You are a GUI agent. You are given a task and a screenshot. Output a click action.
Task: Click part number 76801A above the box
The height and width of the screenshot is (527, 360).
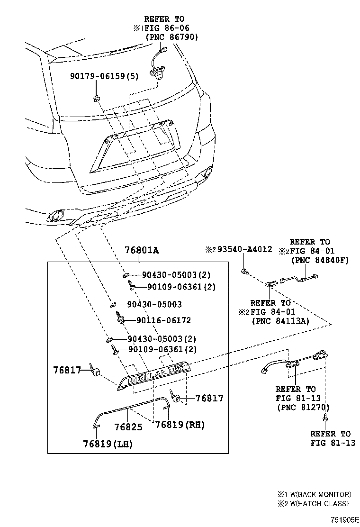(141, 251)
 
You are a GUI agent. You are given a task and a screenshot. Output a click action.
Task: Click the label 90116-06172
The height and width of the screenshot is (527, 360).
(163, 320)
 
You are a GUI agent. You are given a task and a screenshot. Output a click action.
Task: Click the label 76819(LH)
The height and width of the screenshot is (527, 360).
(108, 444)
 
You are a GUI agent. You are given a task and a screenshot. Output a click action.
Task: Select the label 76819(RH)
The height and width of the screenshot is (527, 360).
(180, 425)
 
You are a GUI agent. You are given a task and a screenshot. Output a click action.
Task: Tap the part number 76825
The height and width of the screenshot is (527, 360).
(128, 427)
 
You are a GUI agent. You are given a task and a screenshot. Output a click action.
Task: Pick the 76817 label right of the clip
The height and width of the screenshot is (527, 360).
(209, 399)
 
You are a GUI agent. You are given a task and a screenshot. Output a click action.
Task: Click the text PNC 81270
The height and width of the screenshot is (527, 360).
(303, 407)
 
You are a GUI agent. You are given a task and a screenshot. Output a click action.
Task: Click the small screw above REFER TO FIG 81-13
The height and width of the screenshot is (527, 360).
(325, 418)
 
